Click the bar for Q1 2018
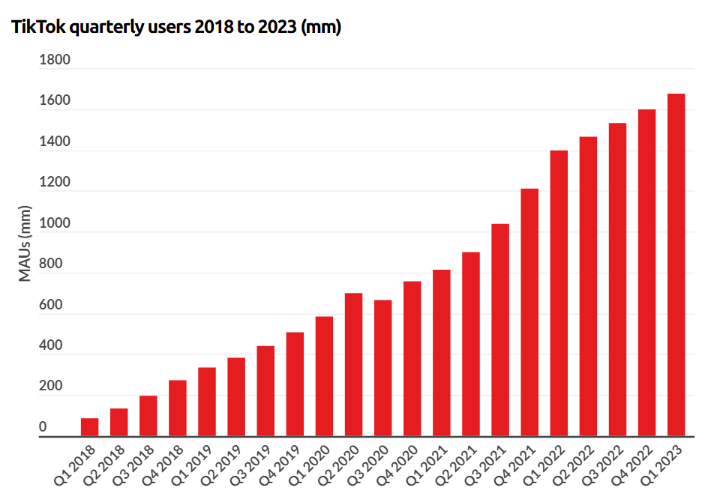click(x=89, y=427)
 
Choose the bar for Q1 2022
click(x=559, y=293)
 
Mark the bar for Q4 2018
click(x=178, y=408)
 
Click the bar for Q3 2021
click(x=500, y=330)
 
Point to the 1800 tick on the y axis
click(x=54, y=60)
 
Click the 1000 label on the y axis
click(x=54, y=223)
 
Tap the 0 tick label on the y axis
click(x=43, y=427)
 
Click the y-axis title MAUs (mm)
click(x=25, y=244)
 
